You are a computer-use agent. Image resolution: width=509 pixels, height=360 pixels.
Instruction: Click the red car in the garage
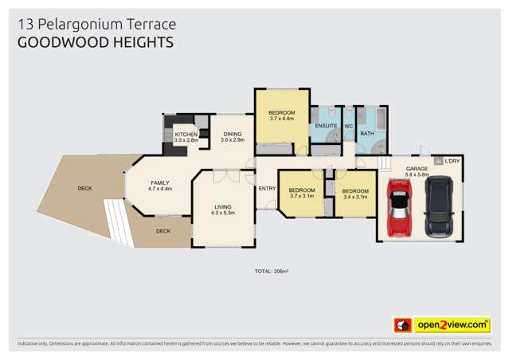(398, 209)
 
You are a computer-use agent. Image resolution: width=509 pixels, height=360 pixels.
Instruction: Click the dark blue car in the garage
(437, 207)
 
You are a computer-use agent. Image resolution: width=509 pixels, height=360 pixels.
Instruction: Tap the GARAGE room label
(417, 169)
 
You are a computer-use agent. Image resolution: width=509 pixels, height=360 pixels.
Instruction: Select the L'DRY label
(452, 162)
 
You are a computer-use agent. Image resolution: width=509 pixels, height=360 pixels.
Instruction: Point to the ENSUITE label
(325, 126)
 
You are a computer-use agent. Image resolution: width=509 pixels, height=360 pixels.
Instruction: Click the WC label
(348, 126)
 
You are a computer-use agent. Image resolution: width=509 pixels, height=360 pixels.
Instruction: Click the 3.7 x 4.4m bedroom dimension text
(281, 119)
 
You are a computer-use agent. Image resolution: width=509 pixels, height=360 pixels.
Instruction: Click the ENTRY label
(266, 188)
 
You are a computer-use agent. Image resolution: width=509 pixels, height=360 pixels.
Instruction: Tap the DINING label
(232, 134)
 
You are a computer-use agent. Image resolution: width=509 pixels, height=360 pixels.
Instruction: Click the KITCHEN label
(186, 134)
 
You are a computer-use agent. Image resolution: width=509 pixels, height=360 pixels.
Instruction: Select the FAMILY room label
(160, 183)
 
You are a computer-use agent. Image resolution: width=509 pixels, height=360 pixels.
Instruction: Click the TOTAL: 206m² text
(271, 272)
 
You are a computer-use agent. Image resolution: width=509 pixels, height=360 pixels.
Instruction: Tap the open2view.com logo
(442, 325)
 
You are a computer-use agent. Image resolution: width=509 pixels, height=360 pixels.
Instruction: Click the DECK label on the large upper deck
(84, 188)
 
